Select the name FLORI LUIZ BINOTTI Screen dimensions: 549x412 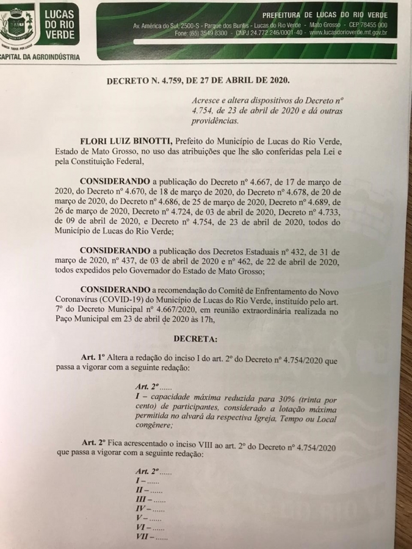(x=128, y=140)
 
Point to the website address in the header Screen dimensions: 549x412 (x=349, y=33)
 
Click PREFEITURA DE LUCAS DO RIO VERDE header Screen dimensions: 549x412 (x=325, y=14)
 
